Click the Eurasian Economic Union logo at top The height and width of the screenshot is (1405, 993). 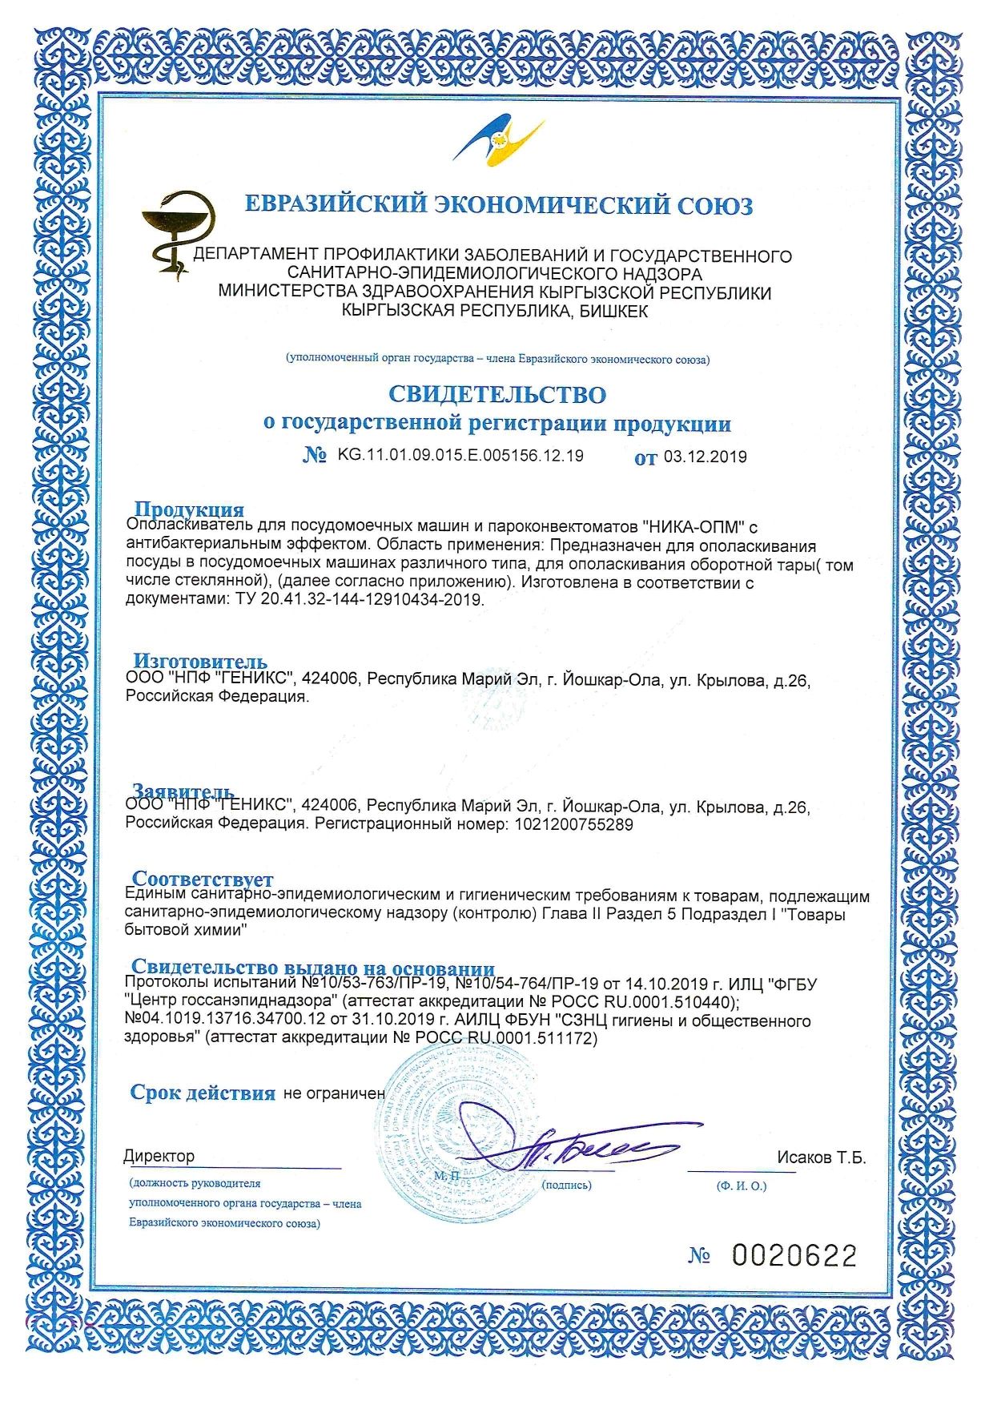(x=498, y=142)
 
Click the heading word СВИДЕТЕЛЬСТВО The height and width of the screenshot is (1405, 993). (x=497, y=395)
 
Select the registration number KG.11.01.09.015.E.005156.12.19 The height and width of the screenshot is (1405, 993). (x=460, y=456)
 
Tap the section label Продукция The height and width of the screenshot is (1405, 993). (x=189, y=509)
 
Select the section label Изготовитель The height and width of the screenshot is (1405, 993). (x=199, y=662)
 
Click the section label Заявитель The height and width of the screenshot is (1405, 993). (x=183, y=791)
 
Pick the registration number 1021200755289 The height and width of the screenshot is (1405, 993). (x=571, y=824)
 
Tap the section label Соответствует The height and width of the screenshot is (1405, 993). (x=203, y=879)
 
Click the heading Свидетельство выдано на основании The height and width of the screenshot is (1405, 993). (x=313, y=968)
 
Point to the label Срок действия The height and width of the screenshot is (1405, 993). (x=203, y=1093)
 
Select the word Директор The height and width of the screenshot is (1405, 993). (x=159, y=1157)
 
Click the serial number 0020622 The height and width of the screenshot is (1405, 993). (x=794, y=1256)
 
